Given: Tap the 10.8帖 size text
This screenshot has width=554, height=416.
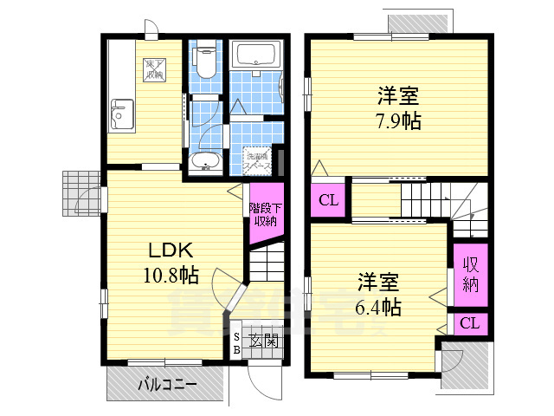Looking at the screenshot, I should pyautogui.click(x=171, y=276).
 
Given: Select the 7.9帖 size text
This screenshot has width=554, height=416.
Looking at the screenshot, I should pyautogui.click(x=399, y=120).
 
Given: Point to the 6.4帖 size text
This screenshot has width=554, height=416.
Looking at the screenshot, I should pyautogui.click(x=379, y=306).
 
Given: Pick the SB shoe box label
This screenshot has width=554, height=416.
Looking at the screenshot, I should pyautogui.click(x=237, y=343).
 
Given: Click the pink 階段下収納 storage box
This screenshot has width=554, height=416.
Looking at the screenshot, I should pyautogui.click(x=264, y=214).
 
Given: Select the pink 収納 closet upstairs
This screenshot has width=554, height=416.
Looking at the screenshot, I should pyautogui.click(x=470, y=274).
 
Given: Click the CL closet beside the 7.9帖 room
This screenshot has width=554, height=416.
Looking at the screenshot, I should pyautogui.click(x=329, y=201).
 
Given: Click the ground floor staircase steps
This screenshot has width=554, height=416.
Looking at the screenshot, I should pyautogui.click(x=265, y=261).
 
